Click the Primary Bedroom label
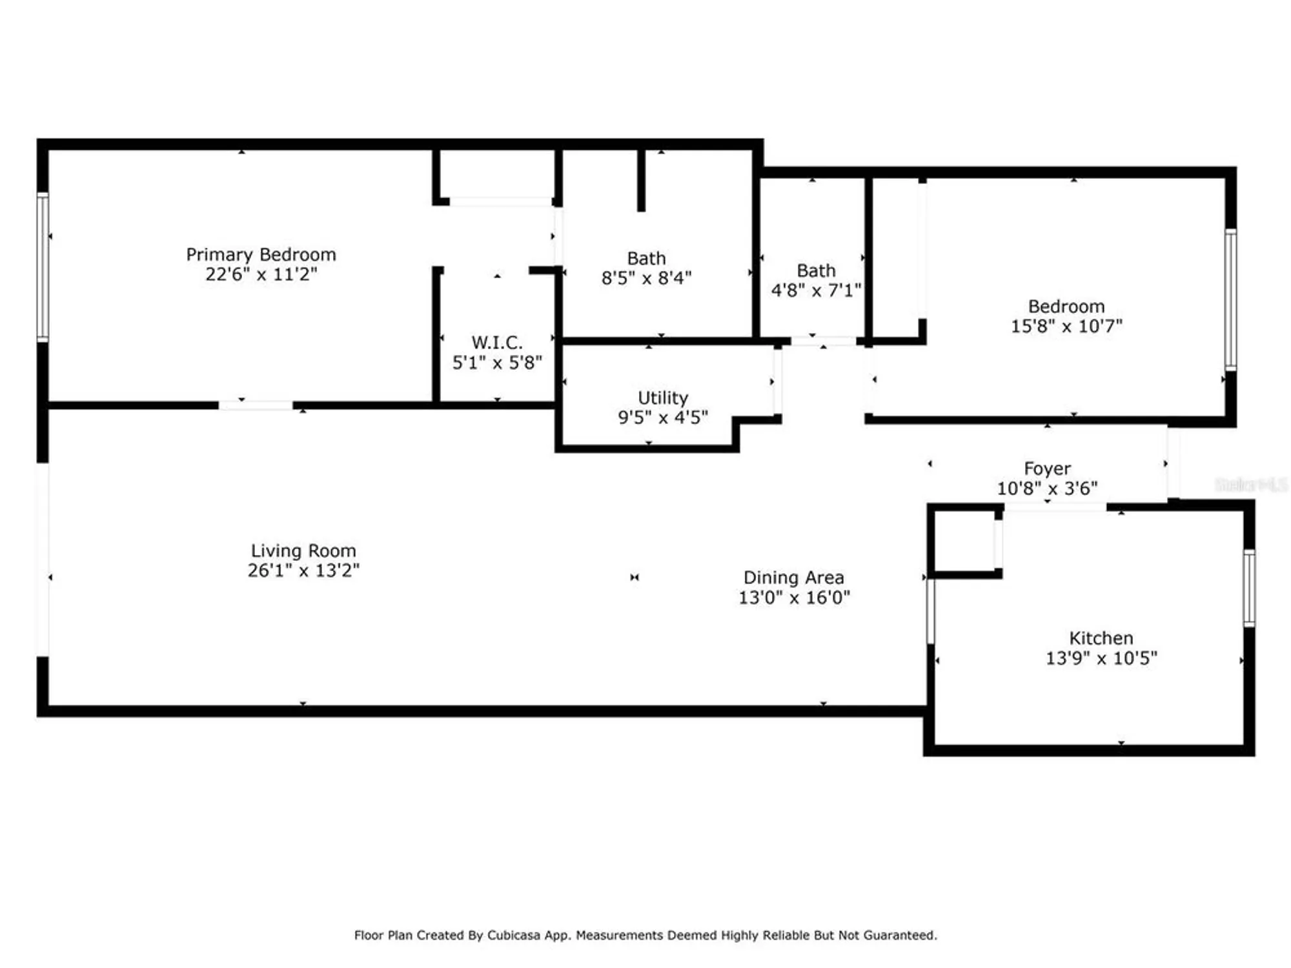[x=261, y=254]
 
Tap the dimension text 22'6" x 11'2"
[x=261, y=274]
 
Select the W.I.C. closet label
[x=496, y=342]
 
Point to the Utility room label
[x=663, y=398]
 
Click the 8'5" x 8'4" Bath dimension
[x=646, y=278]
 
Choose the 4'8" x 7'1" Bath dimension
[x=816, y=290]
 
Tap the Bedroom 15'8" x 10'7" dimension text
[x=1066, y=326]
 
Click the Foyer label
[x=1047, y=469]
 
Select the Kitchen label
[x=1101, y=638]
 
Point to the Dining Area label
[x=793, y=578]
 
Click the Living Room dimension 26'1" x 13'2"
[x=303, y=570]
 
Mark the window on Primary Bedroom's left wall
[x=43, y=267]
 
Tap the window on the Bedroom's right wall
[x=1230, y=299]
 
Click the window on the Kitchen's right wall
[x=1249, y=588]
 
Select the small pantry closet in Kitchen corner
[x=964, y=541]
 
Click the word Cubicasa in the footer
[x=513, y=935]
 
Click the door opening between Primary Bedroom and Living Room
[x=256, y=405]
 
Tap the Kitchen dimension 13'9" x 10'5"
[x=1101, y=658]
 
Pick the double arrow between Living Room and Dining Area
[x=635, y=578]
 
